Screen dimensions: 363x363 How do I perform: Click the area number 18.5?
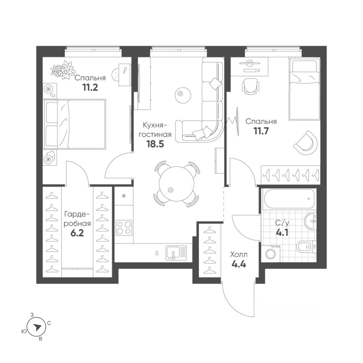[155, 144]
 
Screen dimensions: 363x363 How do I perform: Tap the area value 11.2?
[90, 88]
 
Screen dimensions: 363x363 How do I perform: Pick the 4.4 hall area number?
[239, 264]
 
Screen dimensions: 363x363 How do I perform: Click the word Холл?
[239, 254]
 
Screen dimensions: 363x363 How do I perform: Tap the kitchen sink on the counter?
[176, 252]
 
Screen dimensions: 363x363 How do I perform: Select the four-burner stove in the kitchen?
[124, 227]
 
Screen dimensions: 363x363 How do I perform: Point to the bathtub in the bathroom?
[289, 199]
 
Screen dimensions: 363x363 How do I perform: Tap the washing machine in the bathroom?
[271, 253]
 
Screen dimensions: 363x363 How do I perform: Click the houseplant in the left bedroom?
[62, 71]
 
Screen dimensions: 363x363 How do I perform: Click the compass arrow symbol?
[36, 327]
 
